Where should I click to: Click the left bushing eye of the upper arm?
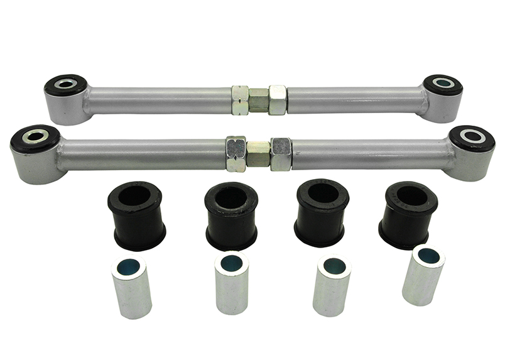(65, 84)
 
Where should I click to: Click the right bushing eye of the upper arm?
(442, 83)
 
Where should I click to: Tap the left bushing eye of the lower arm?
(35, 136)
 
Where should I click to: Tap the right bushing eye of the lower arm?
(471, 136)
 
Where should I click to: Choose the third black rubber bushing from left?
(322, 212)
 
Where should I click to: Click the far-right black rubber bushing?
(408, 214)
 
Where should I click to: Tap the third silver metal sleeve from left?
(331, 285)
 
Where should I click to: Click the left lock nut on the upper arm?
(240, 100)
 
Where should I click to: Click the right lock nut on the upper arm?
(278, 100)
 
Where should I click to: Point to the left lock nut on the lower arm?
(236, 153)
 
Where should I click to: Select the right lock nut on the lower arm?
(281, 153)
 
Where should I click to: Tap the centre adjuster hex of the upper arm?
(259, 101)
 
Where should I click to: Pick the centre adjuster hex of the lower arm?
(258, 153)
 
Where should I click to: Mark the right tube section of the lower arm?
(371, 153)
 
